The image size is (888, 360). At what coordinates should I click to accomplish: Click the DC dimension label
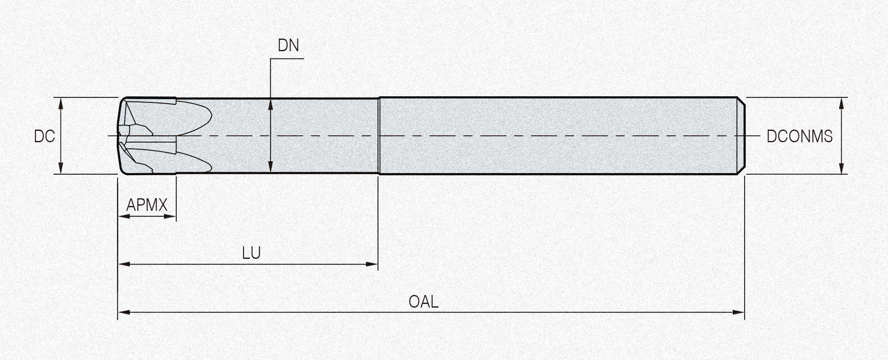(x=44, y=136)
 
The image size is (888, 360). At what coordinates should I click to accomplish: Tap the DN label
(x=289, y=46)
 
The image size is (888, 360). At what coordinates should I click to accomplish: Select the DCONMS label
(x=799, y=136)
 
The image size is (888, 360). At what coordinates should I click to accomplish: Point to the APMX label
(x=147, y=205)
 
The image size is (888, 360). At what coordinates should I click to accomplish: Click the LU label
(x=251, y=253)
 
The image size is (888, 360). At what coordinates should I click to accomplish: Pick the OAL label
(x=423, y=302)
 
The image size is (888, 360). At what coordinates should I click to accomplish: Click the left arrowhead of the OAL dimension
(x=124, y=312)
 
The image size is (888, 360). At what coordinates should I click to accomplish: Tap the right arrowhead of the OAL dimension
(x=738, y=312)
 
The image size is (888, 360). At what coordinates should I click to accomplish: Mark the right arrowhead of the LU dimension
(x=372, y=264)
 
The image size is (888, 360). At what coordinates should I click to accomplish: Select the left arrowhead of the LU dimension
(x=124, y=264)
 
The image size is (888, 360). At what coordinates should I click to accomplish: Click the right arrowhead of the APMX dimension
(x=170, y=216)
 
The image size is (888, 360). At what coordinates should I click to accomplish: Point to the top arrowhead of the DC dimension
(x=61, y=104)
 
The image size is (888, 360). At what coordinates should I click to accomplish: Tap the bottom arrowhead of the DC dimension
(x=61, y=168)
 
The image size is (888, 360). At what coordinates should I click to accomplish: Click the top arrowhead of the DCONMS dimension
(x=841, y=104)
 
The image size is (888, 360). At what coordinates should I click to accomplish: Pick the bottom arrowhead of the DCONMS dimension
(x=841, y=168)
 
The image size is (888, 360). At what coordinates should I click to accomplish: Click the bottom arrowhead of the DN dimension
(x=271, y=168)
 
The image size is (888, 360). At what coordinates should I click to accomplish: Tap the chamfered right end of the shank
(x=741, y=136)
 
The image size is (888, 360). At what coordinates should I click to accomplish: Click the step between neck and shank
(x=379, y=136)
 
